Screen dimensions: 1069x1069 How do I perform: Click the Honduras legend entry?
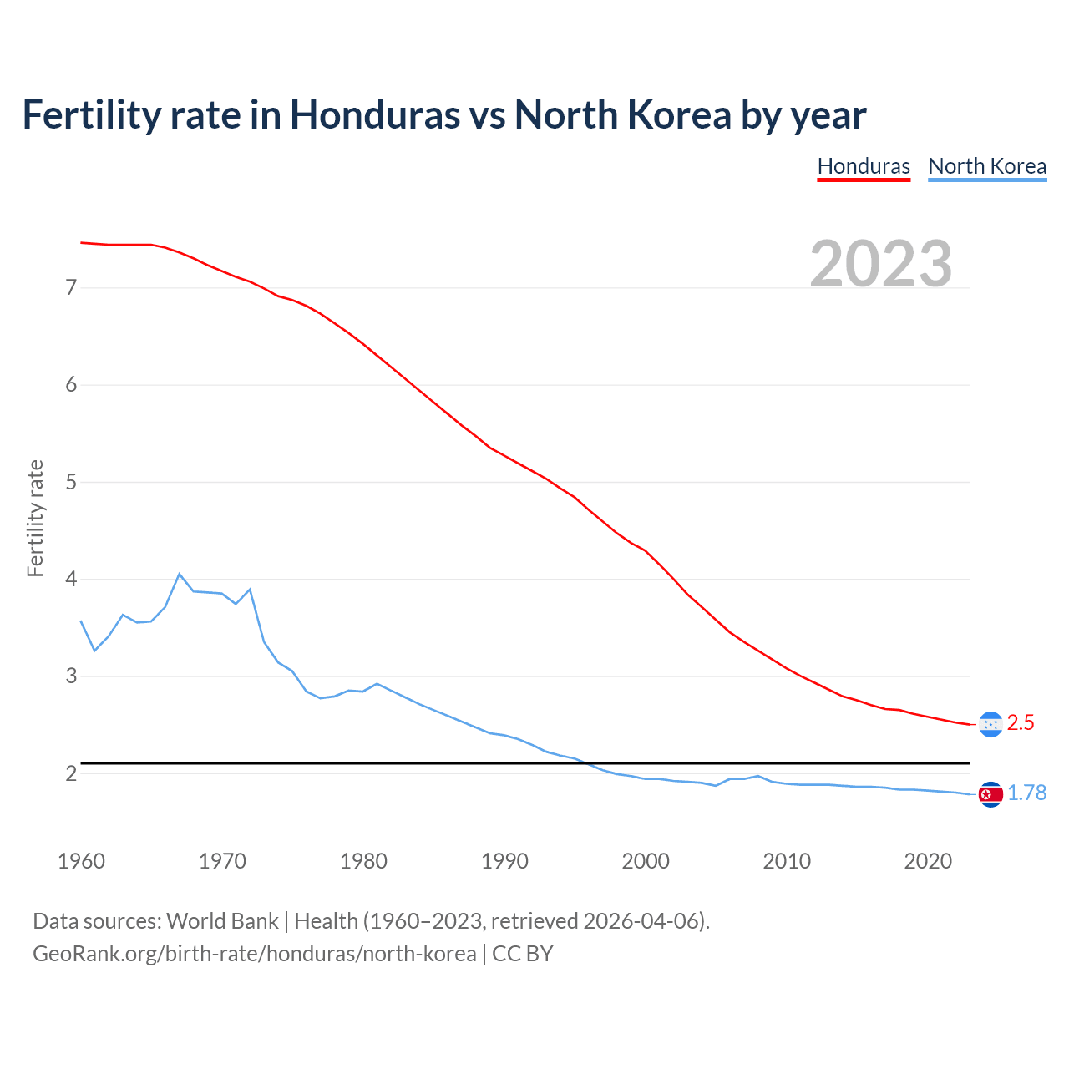click(x=863, y=166)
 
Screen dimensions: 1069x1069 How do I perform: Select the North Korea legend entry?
click(x=987, y=166)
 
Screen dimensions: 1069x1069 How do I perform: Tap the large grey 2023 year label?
click(x=881, y=264)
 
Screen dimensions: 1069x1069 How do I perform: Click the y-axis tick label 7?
click(x=71, y=288)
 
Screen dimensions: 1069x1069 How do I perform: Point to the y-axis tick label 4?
click(x=71, y=579)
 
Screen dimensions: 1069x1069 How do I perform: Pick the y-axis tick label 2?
click(x=71, y=773)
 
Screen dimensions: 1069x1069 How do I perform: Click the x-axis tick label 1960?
click(x=81, y=861)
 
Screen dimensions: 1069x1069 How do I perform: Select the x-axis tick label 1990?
click(x=504, y=861)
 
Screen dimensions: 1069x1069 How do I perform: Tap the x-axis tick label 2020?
click(x=928, y=861)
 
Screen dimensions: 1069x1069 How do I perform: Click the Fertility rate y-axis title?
click(x=35, y=518)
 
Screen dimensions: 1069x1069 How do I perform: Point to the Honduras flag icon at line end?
click(x=990, y=724)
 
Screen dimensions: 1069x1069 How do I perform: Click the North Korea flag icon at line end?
click(x=990, y=794)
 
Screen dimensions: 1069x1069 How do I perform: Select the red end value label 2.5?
click(x=1021, y=723)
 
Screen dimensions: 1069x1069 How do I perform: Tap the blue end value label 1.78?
click(x=1027, y=793)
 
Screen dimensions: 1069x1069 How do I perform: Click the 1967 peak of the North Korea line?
click(x=180, y=574)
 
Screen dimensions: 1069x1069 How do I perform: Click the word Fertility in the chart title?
click(x=90, y=114)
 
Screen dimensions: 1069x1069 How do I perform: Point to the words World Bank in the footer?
click(x=222, y=921)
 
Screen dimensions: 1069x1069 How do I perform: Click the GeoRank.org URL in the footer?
click(x=254, y=954)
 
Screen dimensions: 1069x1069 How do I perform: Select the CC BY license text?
click(x=523, y=954)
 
